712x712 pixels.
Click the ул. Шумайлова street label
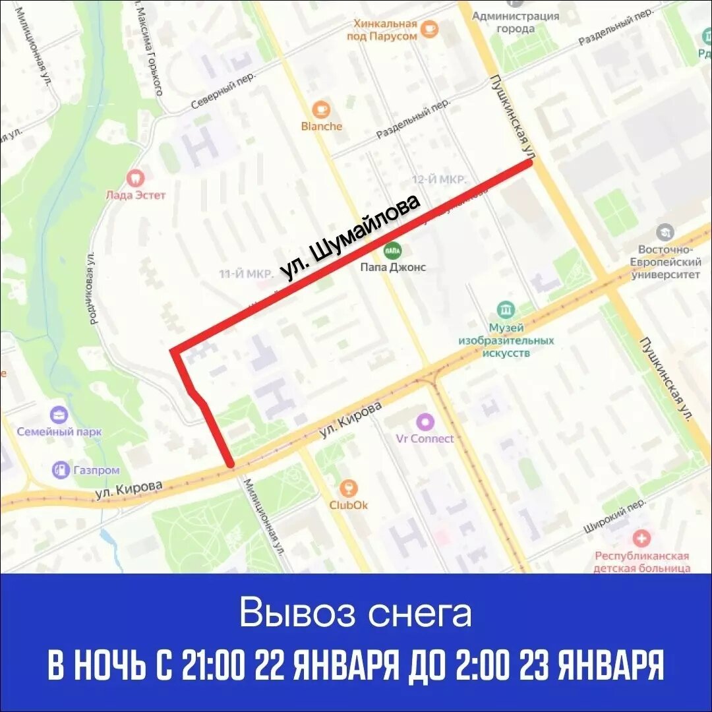[350, 238]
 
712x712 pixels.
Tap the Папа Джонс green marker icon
[393, 250]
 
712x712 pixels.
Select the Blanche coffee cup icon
[322, 109]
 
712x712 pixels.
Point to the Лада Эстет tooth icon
[136, 177]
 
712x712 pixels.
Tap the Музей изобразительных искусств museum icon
[506, 310]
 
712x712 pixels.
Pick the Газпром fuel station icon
[61, 469]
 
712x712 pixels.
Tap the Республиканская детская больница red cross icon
[641, 538]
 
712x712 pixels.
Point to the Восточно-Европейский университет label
[665, 262]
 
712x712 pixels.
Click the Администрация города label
[516, 22]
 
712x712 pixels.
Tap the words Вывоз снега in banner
[355, 613]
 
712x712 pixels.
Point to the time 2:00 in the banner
[481, 667]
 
